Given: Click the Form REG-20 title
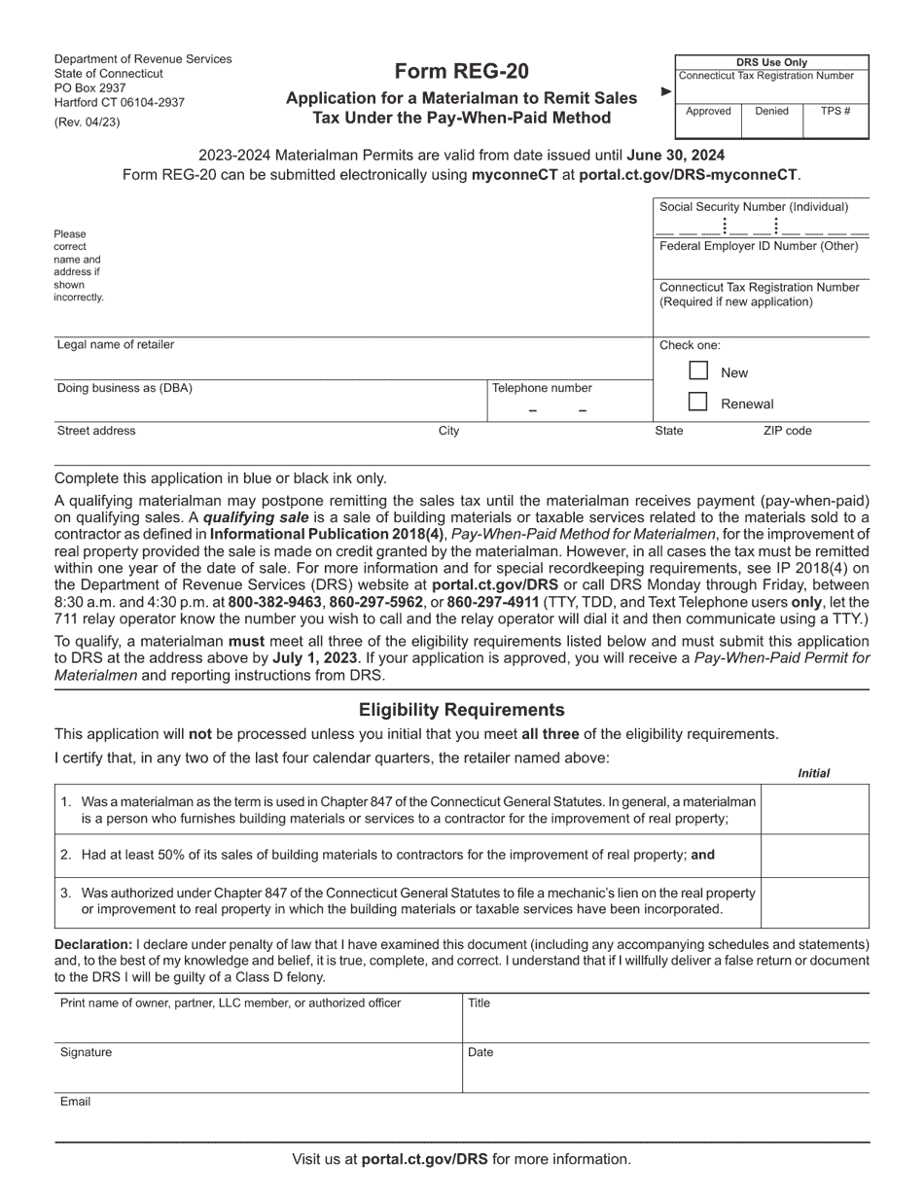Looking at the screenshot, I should tap(462, 72).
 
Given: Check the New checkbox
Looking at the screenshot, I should tap(697, 370).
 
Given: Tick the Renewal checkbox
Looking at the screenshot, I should tap(697, 402).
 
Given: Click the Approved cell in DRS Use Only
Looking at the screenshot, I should tap(708, 111).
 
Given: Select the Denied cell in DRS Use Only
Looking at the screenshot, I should tap(771, 111).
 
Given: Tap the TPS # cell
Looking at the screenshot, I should tap(835, 111).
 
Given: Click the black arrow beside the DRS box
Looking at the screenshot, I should tap(666, 91).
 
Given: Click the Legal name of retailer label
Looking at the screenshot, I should tap(116, 345).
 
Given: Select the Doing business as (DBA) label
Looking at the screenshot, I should tap(124, 388).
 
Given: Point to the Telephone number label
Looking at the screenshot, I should tap(542, 388).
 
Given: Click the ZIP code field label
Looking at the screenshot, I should tap(787, 431).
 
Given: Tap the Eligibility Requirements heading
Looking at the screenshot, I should tap(462, 710).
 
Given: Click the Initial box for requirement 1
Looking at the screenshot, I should tap(814, 809).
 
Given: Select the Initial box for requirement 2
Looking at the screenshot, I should tap(814, 856).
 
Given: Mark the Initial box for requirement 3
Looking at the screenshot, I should tap(814, 902).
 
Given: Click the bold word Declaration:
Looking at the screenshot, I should tap(93, 944).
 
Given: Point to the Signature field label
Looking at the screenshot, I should tap(86, 1052).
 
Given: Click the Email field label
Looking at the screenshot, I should tap(75, 1102).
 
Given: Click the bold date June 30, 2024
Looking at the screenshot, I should tap(676, 155).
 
